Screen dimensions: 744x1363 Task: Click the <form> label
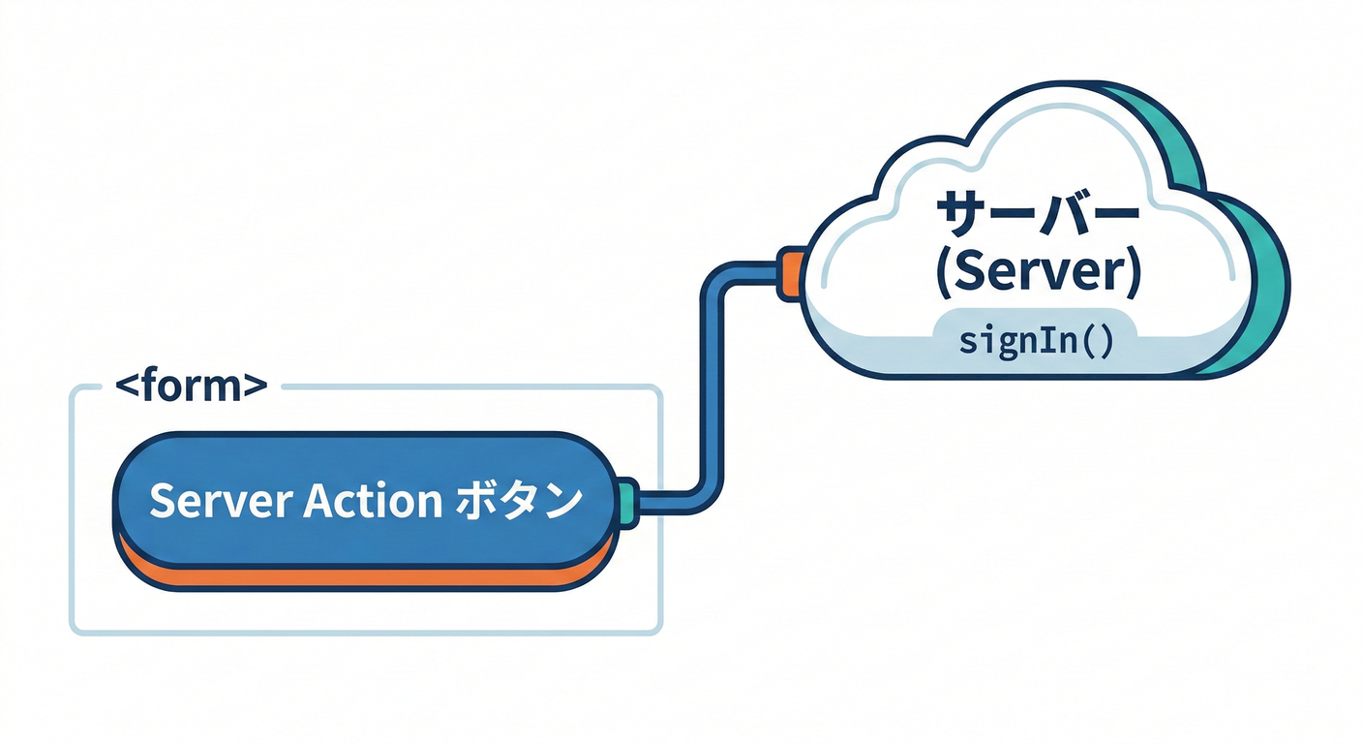(x=191, y=387)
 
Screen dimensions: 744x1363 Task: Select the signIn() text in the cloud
(x=1034, y=342)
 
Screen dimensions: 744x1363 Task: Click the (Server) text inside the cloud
(x=1038, y=274)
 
